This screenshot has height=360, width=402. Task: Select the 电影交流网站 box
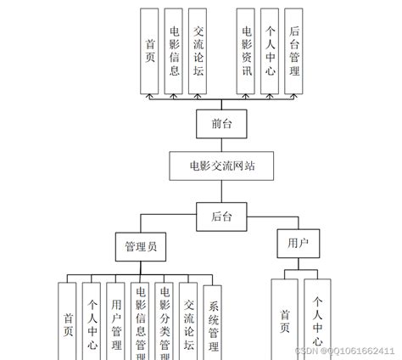[x=222, y=166]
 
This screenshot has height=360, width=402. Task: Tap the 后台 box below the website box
[x=221, y=216]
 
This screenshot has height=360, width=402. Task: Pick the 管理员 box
[x=140, y=247]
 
